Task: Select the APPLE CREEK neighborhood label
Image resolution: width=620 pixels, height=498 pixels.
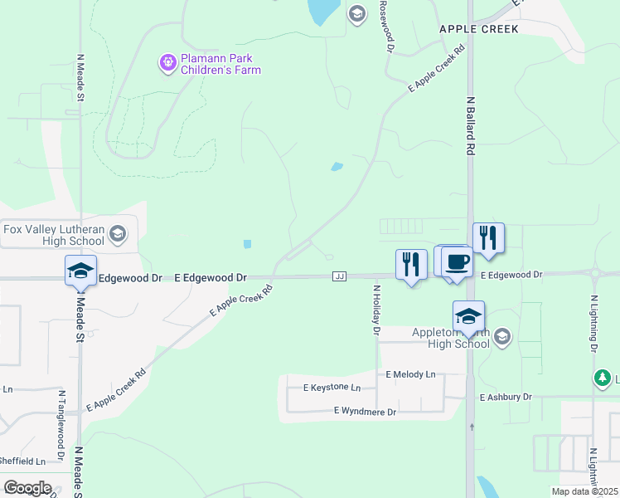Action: [x=478, y=29]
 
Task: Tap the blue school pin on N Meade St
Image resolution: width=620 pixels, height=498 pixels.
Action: [x=81, y=271]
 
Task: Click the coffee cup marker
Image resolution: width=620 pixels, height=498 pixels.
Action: [x=457, y=262]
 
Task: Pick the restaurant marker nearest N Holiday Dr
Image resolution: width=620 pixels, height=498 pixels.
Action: [x=411, y=265]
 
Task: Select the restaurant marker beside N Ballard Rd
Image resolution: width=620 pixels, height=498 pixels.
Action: [x=488, y=238]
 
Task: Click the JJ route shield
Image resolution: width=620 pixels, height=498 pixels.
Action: [x=339, y=276]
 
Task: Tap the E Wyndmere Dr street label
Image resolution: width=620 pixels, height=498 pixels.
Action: [x=365, y=411]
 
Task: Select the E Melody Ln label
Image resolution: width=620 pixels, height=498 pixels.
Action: [x=410, y=374]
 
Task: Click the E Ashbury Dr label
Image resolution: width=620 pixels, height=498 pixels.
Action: [x=505, y=398]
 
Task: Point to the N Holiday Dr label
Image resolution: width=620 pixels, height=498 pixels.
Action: [x=375, y=310]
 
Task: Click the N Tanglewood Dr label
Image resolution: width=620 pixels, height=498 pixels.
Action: [x=61, y=424]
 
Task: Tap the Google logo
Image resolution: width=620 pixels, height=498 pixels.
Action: [x=27, y=488]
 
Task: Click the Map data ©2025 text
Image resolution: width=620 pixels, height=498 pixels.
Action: [x=584, y=491]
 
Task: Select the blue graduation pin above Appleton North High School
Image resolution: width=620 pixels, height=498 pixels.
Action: [x=468, y=316]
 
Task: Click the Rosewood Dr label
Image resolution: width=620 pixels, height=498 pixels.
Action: [x=385, y=25]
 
